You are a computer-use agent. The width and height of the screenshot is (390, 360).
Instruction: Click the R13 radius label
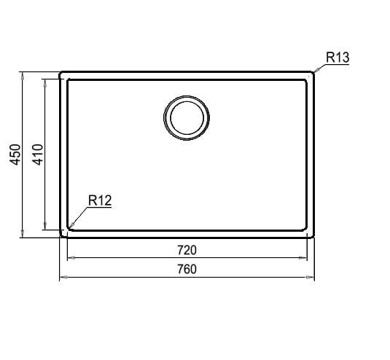(338, 58)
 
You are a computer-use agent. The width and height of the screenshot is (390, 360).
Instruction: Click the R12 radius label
(100, 200)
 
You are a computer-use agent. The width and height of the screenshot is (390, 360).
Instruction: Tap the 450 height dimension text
(15, 154)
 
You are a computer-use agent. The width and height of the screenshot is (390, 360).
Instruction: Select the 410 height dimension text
(38, 154)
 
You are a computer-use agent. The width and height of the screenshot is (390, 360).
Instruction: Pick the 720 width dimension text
(187, 250)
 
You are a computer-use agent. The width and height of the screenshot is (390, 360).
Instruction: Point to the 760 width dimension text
(187, 269)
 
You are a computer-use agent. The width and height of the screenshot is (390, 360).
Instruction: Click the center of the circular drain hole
(187, 118)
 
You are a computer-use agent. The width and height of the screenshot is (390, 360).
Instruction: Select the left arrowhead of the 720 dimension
(71, 258)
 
